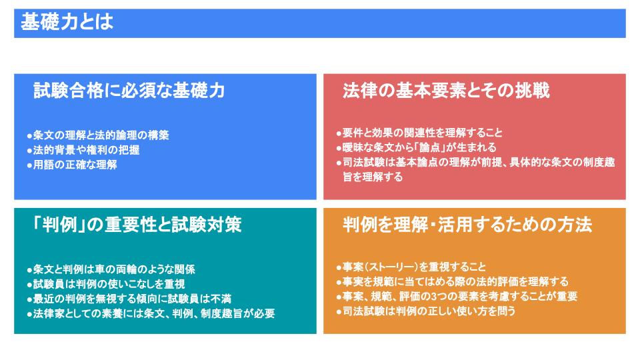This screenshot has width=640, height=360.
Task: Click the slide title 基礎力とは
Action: (67, 22)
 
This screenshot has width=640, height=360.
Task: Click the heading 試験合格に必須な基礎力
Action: (129, 91)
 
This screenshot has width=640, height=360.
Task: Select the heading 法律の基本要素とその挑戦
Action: (446, 91)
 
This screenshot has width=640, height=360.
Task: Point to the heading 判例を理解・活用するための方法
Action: (467, 225)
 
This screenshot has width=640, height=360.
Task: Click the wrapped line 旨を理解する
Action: (373, 177)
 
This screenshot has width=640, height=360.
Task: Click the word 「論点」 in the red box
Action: (430, 147)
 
